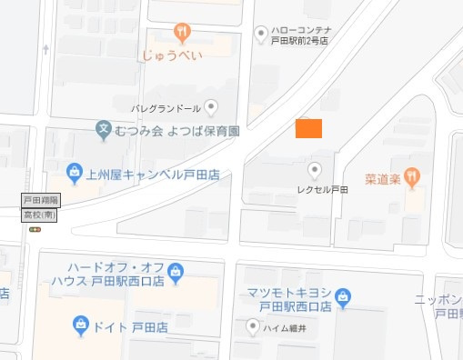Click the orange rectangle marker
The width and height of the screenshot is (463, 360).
coord(309,128)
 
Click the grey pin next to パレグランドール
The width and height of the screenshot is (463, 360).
coord(212,107)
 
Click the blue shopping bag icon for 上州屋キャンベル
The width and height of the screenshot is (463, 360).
coord(75,170)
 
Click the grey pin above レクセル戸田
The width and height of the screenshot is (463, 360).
coord(316,169)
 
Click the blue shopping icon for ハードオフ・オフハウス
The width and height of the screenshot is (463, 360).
coord(176,270)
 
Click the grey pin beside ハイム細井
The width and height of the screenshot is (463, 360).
coord(254,325)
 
